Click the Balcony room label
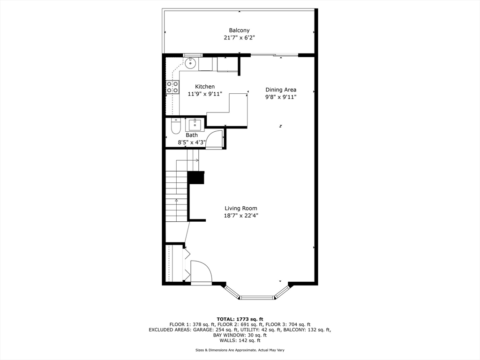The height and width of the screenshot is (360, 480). point(239,30)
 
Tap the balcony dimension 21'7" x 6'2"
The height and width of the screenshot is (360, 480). point(239,37)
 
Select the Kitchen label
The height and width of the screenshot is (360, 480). point(205,87)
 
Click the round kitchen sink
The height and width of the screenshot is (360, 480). point(191,63)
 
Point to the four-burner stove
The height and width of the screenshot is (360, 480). point(172,87)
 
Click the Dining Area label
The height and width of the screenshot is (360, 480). point(281,90)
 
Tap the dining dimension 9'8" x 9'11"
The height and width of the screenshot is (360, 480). point(281,97)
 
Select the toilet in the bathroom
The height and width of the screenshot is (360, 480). point(176,127)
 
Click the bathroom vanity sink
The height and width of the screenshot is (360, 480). point(195,125)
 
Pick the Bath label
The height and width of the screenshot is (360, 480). point(192,135)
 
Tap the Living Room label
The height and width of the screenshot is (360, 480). point(241,209)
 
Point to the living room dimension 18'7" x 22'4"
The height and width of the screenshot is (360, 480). point(241,216)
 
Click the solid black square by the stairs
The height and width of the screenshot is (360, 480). point(196,178)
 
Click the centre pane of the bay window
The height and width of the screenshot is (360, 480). point(257,297)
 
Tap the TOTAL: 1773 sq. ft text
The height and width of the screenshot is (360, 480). point(240,319)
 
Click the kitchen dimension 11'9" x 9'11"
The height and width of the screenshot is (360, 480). point(205,94)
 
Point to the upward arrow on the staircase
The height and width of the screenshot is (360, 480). point(176,201)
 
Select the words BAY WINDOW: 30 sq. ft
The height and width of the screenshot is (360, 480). point(240,335)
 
